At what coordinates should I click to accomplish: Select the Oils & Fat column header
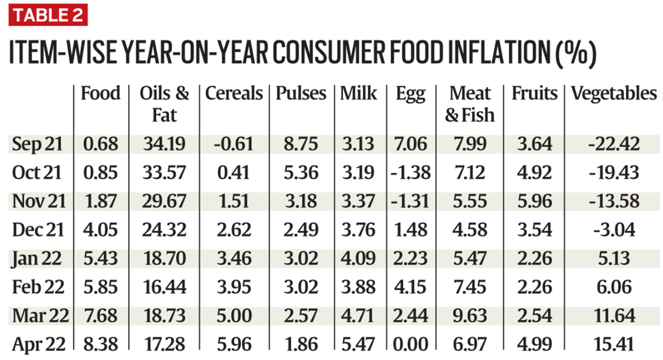(x=164, y=104)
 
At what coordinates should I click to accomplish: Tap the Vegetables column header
(x=614, y=93)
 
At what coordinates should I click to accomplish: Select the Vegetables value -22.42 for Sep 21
(x=614, y=145)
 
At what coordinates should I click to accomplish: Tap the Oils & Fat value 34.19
(x=164, y=145)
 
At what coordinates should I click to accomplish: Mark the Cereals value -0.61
(x=234, y=145)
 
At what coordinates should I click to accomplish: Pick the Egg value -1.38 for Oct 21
(x=411, y=173)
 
